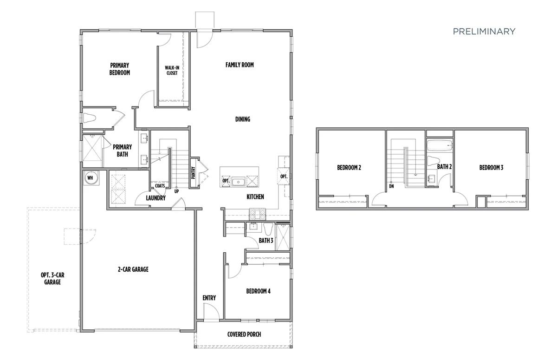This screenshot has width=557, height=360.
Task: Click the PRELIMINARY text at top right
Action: (x=484, y=32)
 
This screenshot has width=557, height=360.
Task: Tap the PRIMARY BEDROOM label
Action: (x=120, y=69)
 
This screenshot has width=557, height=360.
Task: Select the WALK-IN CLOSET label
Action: (x=172, y=70)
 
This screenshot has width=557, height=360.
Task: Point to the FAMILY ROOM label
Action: (x=240, y=65)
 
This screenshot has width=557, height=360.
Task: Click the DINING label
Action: (x=242, y=119)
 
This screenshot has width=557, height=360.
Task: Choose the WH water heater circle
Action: (x=90, y=178)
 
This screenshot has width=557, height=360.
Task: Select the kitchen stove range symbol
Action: (x=256, y=214)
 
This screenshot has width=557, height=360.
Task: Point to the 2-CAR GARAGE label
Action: (x=133, y=269)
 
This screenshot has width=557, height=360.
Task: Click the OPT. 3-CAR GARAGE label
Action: (x=52, y=278)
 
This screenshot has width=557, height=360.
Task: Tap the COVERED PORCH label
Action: (x=244, y=334)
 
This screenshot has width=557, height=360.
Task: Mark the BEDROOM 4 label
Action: (x=258, y=291)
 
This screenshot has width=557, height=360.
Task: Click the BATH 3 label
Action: (x=266, y=241)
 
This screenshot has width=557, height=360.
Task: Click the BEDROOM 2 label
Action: (x=349, y=168)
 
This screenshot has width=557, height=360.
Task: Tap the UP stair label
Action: (x=176, y=191)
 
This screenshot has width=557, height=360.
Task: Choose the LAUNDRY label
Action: (x=155, y=198)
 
